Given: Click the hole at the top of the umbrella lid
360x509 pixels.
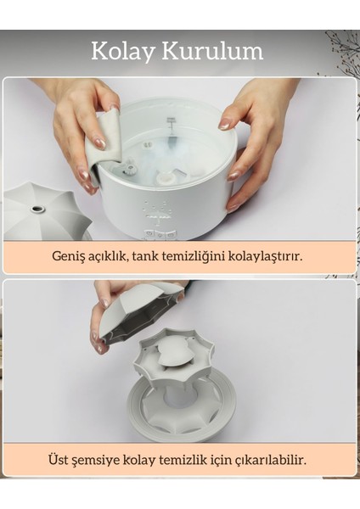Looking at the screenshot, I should [x=38, y=208].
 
